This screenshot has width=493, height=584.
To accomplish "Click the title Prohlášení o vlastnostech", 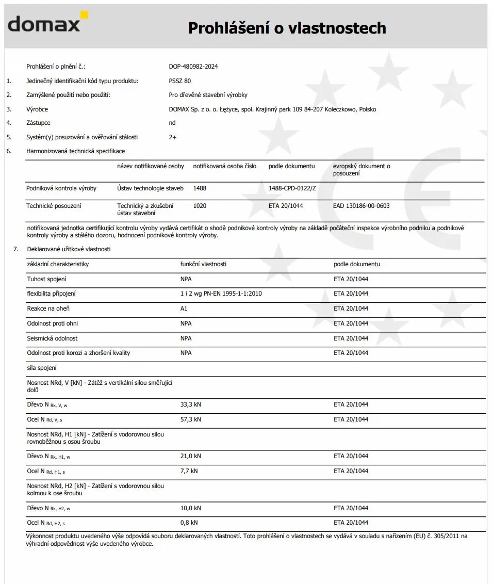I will pyautogui.click(x=287, y=28).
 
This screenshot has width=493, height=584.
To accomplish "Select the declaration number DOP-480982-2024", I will pyautogui.click(x=196, y=67).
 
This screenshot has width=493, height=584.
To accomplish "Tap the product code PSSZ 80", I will pyautogui.click(x=179, y=81).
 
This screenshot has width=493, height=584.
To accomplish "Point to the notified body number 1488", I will pyautogui.click(x=200, y=188).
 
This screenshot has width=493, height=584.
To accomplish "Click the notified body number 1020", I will pyautogui.click(x=200, y=206).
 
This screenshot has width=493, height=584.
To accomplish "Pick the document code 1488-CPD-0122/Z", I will pyautogui.click(x=292, y=188).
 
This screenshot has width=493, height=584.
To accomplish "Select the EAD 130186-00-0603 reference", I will pyautogui.click(x=361, y=206).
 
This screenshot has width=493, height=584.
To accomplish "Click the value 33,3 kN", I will pyautogui.click(x=191, y=404).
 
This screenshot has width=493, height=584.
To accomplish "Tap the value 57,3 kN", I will pyautogui.click(x=191, y=419).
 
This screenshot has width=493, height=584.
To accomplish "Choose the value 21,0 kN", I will pyautogui.click(x=191, y=456).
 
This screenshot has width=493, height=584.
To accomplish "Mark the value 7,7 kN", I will pyautogui.click(x=189, y=471).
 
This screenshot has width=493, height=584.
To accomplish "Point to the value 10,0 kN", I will pyautogui.click(x=191, y=508).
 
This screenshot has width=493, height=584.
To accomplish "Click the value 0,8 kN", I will pyautogui.click(x=189, y=523).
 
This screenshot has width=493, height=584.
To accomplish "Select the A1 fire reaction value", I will pyautogui.click(x=184, y=309).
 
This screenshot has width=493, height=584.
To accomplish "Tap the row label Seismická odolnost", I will pyautogui.click(x=53, y=338).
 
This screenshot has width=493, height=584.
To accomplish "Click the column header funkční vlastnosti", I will pyautogui.click(x=203, y=264).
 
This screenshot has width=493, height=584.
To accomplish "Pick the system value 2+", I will pyautogui.click(x=173, y=137).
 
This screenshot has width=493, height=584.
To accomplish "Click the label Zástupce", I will pyautogui.click(x=38, y=123).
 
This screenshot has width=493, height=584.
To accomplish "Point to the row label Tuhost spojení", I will pyautogui.click(x=46, y=279).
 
